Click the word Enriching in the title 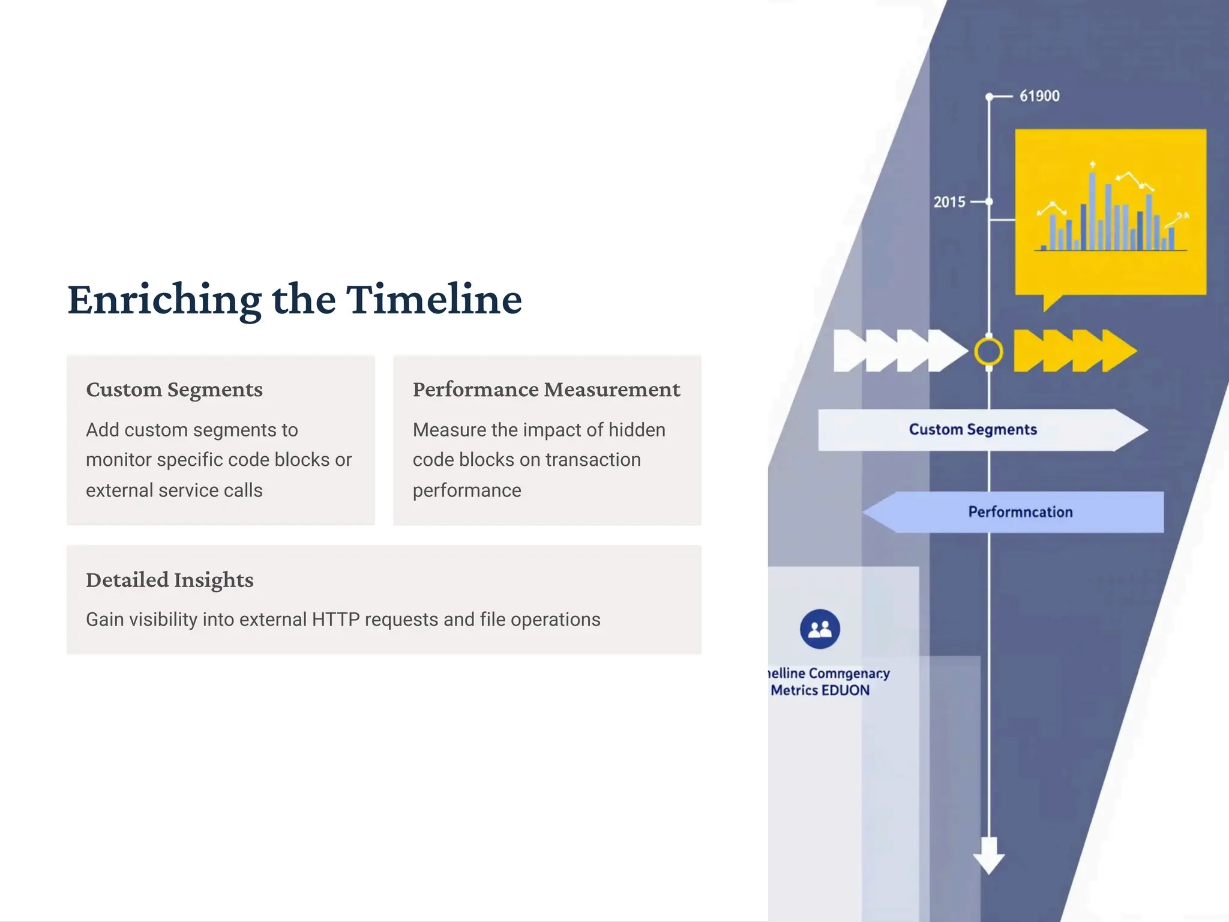[164, 300]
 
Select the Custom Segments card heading [174, 390]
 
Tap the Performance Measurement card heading [546, 390]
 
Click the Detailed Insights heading [169, 580]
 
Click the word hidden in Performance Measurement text [637, 430]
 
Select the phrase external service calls [174, 490]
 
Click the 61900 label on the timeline [1039, 96]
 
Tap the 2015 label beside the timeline [949, 202]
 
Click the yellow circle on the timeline [988, 352]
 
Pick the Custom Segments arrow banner [973, 430]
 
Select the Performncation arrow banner [1020, 512]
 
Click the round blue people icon [820, 629]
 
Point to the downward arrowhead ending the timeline [988, 857]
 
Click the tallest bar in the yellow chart [1092, 210]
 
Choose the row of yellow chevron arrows [1074, 351]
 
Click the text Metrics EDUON [820, 690]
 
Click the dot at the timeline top [989, 97]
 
